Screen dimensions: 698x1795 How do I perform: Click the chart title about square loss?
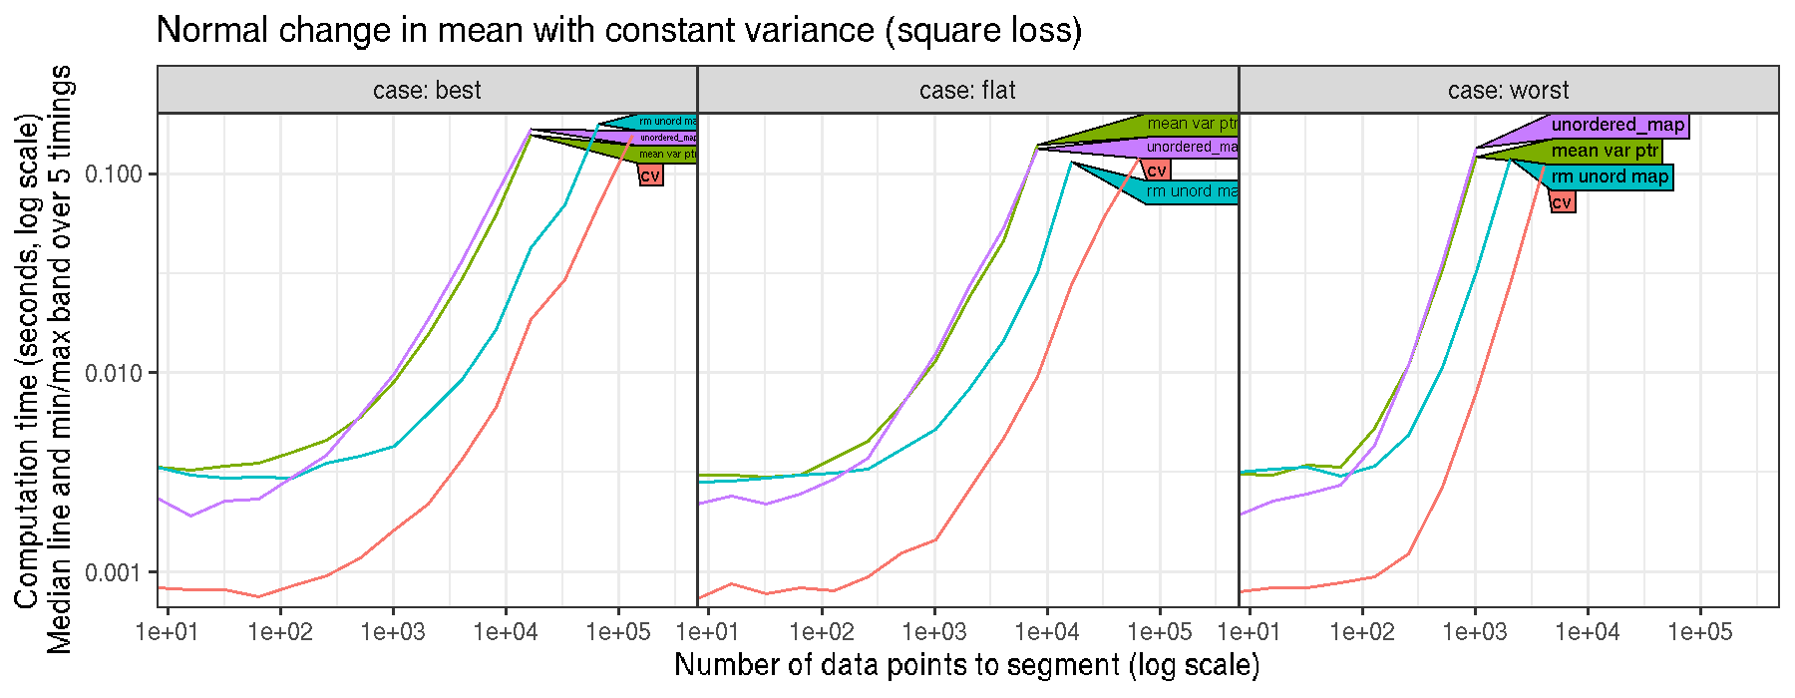[x=618, y=30]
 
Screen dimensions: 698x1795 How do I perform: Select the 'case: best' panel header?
[x=427, y=91]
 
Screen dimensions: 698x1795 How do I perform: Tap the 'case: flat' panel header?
[x=967, y=91]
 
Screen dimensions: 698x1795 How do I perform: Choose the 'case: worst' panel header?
[x=1508, y=91]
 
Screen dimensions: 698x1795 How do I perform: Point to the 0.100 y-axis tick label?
[x=115, y=174]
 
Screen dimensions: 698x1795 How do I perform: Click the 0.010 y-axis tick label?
[x=115, y=373]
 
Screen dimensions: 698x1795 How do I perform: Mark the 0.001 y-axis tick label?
[x=115, y=572]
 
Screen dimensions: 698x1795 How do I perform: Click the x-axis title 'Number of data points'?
[x=966, y=665]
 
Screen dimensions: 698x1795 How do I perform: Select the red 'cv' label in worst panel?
[x=1562, y=202]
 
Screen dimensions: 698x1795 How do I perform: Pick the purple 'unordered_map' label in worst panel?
[x=1617, y=126]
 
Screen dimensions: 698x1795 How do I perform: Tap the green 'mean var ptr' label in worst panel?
[x=1606, y=152]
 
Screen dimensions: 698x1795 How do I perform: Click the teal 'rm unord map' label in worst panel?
[x=1610, y=177]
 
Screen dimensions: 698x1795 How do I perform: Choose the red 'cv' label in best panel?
[x=650, y=175]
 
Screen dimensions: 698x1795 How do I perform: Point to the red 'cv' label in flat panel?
[x=1157, y=171]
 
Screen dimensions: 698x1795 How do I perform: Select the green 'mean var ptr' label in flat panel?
[x=1193, y=125]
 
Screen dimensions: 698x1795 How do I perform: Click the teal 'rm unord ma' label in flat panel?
[x=1193, y=191]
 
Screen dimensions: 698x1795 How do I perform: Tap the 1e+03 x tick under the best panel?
[x=393, y=631]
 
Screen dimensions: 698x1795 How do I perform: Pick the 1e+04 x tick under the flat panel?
[x=1047, y=631]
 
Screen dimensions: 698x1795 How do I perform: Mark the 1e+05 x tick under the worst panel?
[x=1699, y=631]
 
